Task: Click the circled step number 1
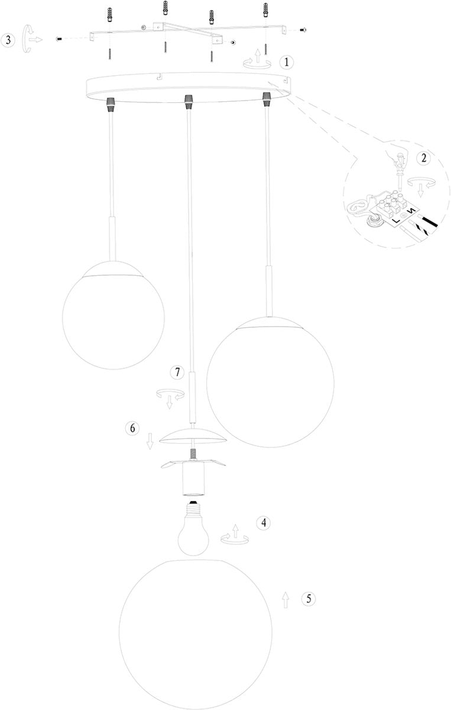point(286,62)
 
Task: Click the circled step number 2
point(423,159)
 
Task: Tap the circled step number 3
point(8,40)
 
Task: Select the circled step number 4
point(264,522)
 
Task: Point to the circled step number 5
point(308,599)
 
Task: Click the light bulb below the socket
point(196,532)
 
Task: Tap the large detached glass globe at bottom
point(196,633)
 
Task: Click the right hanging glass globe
point(270,382)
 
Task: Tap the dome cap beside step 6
point(193,435)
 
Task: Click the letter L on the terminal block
point(397,221)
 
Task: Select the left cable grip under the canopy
point(110,104)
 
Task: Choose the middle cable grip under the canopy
point(188,102)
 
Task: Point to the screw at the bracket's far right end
point(303,30)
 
